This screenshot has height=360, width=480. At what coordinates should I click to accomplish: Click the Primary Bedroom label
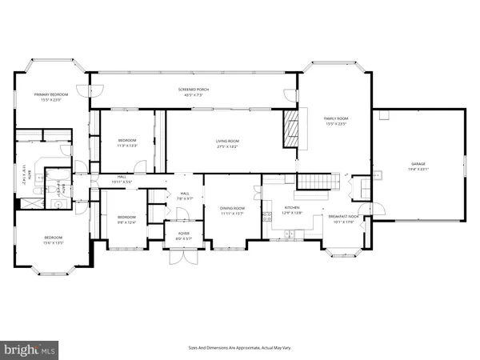tap(50, 97)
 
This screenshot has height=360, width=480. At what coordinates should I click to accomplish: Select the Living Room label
tap(227, 144)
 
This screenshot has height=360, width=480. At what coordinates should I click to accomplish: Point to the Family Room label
tap(336, 120)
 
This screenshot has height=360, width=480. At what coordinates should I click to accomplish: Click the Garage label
tap(419, 166)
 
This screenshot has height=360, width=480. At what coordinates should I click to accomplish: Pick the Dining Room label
tap(233, 211)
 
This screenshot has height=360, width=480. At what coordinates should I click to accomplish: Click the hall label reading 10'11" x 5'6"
tap(122, 179)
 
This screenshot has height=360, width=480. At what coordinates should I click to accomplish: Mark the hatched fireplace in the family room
tap(290, 128)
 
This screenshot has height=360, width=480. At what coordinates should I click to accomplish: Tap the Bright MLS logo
tap(30, 349)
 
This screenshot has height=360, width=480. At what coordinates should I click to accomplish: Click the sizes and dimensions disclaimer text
tap(239, 347)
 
